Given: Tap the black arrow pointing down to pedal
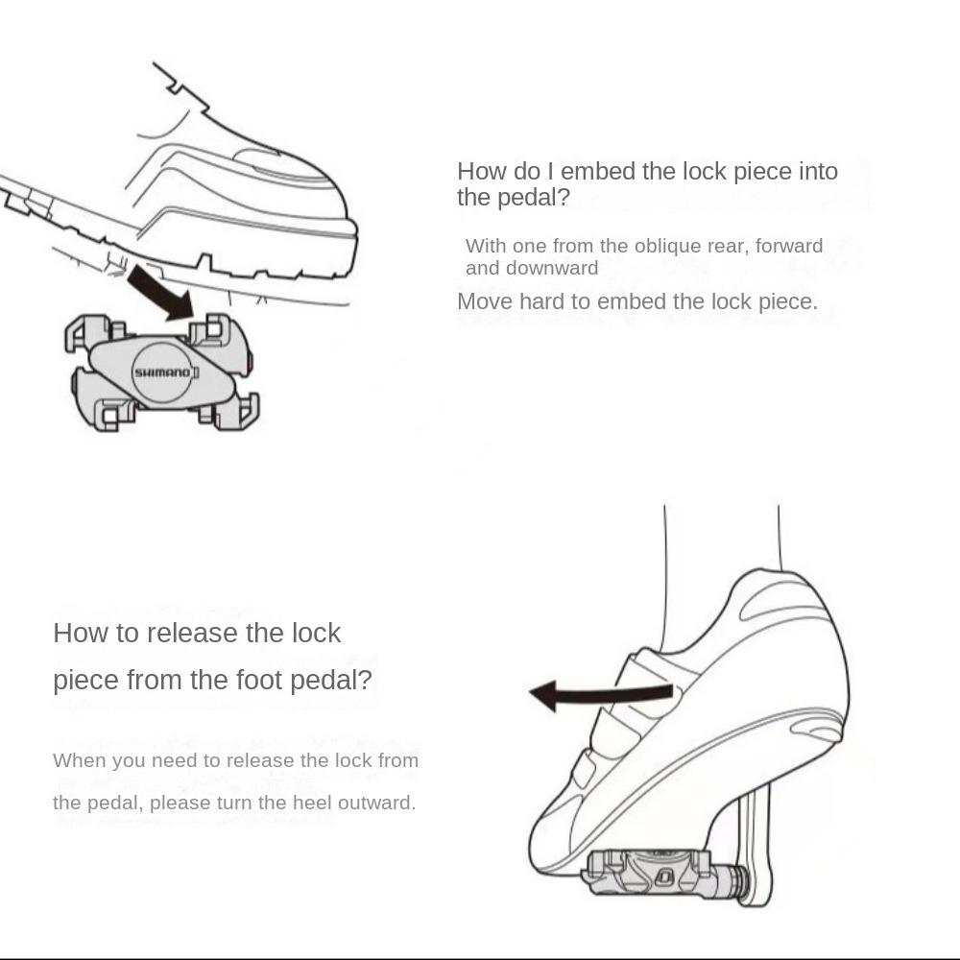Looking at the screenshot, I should pyautogui.click(x=160, y=293).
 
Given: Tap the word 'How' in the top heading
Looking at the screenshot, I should pyautogui.click(x=481, y=172).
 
